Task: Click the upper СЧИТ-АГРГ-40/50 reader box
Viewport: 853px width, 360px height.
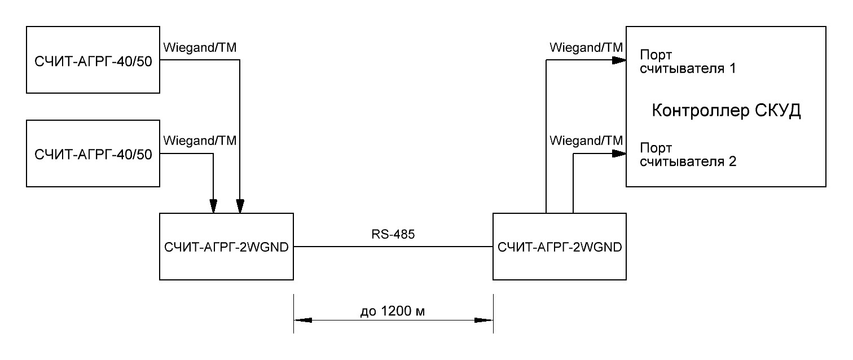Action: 93,60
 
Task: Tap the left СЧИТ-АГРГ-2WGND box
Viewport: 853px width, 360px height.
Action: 226,247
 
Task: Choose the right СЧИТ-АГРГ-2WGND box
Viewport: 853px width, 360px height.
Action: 560,247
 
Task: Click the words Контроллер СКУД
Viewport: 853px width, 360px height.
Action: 727,110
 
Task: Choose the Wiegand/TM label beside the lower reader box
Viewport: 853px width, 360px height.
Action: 200,141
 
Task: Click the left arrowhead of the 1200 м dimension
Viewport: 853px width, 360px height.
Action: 303,321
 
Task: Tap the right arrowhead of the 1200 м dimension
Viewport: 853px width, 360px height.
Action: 484,321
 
